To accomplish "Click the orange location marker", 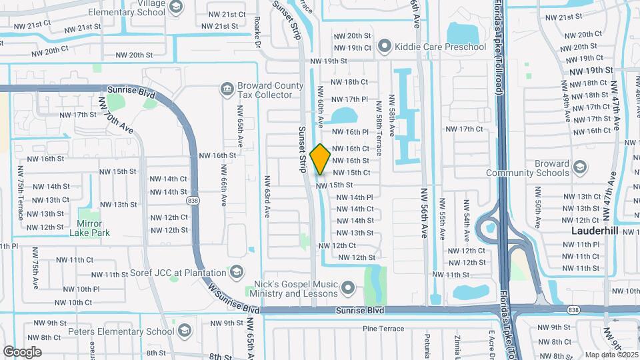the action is click(x=321, y=159).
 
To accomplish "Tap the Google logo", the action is click(x=23, y=351).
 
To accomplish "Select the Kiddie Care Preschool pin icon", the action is click(x=384, y=47).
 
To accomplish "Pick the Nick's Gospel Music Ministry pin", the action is click(x=347, y=288).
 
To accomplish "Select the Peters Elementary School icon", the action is click(x=185, y=329).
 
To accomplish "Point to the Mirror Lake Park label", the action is click(x=89, y=228).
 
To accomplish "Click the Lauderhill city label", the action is click(x=597, y=231).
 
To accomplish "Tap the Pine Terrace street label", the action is click(x=383, y=329).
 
